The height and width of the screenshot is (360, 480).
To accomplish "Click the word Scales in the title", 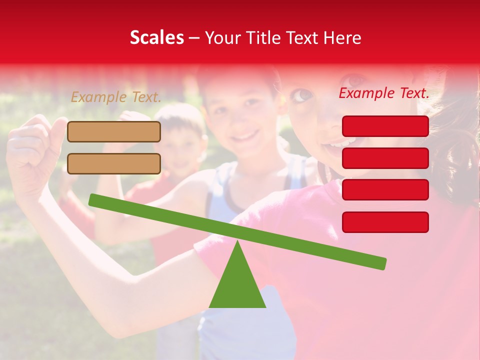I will (x=157, y=37).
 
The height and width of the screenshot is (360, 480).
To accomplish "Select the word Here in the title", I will (x=342, y=37).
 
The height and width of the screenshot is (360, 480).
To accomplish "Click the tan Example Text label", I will (x=116, y=97).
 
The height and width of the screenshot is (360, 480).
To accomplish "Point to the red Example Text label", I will (x=384, y=93).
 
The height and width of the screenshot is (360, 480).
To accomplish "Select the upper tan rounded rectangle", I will (x=114, y=131).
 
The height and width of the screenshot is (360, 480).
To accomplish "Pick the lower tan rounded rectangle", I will (x=114, y=163).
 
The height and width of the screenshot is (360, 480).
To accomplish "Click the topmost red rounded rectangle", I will (x=385, y=126).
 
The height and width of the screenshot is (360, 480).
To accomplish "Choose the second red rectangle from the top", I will (x=385, y=158).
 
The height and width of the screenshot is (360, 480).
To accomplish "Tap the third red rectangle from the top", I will (x=385, y=189).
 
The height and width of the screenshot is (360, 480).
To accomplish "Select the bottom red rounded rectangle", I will (x=385, y=222).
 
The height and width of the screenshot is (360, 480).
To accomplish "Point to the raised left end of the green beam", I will (x=93, y=199).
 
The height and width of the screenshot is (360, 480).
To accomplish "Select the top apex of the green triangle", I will (x=237, y=242).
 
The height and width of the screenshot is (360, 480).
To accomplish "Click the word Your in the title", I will (x=223, y=37).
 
